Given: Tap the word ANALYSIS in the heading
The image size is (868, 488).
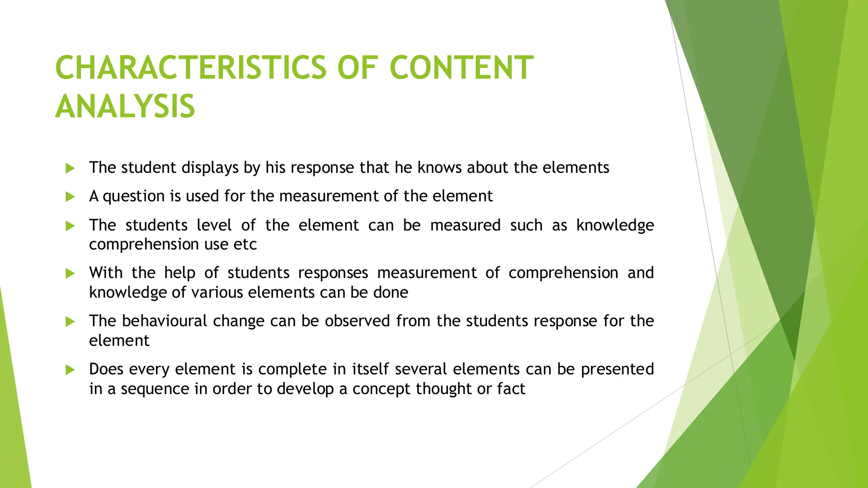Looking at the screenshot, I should point(125,106).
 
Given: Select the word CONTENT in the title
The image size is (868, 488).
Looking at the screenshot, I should point(461,68).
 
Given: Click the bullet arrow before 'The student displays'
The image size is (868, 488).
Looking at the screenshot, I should point(70,168).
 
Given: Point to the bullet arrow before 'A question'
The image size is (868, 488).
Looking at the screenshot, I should point(70,197).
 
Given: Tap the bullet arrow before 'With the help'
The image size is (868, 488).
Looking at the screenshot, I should point(70,273).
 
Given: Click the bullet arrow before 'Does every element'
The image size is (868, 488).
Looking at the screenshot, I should point(70,370).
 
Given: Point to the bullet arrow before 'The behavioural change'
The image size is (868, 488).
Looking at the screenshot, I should point(70,322).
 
